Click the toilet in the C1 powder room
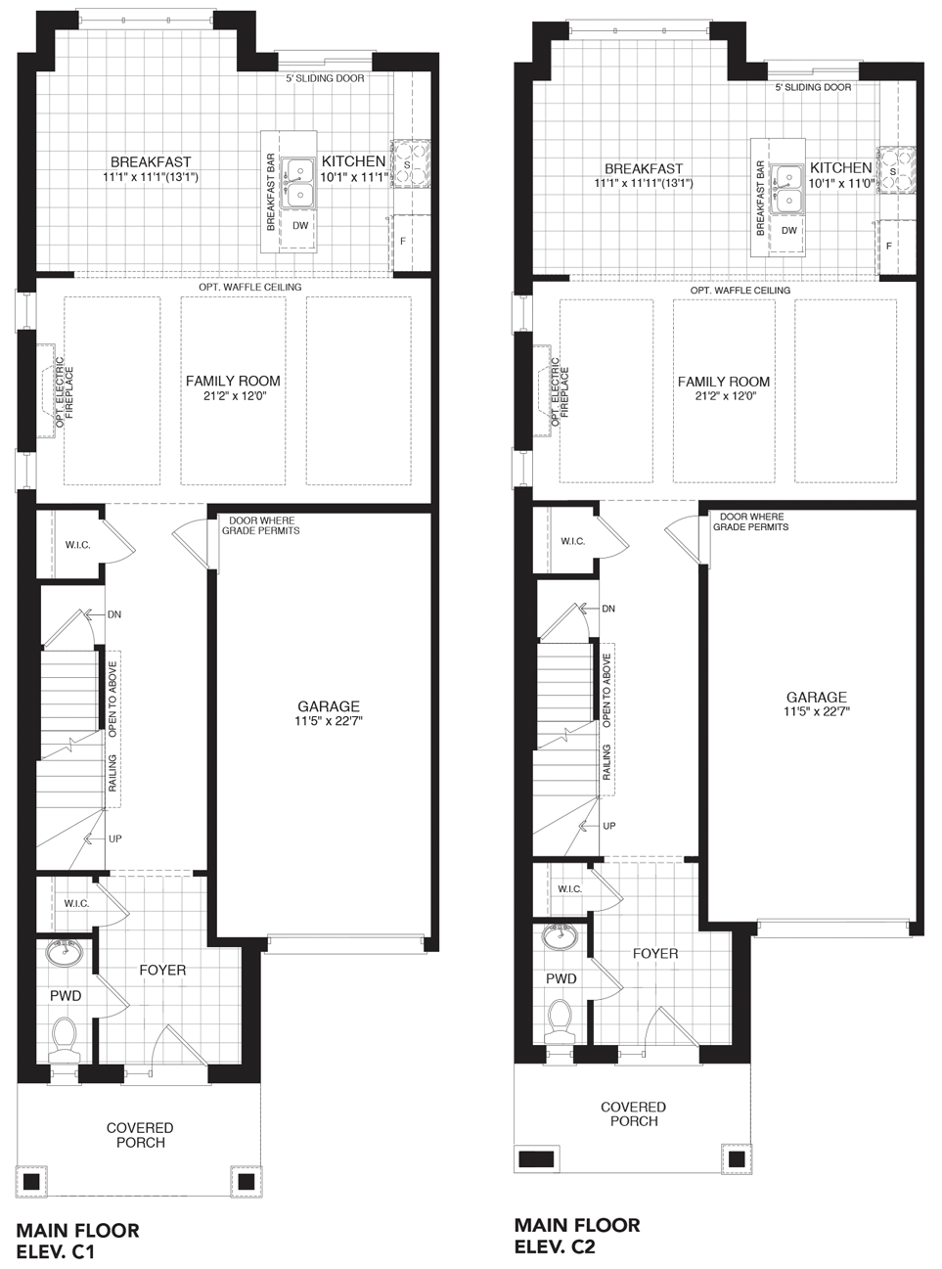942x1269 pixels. click(x=64, y=1040)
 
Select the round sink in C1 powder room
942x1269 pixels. click(x=64, y=953)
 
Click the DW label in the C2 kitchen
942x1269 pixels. click(x=789, y=231)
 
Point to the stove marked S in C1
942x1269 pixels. click(x=410, y=163)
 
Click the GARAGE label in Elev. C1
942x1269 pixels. click(x=329, y=706)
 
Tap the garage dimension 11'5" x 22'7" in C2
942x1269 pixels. click(x=817, y=711)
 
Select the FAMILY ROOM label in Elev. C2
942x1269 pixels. click(x=724, y=382)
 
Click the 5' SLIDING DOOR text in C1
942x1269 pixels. click(x=325, y=78)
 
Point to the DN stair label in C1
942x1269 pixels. click(x=114, y=614)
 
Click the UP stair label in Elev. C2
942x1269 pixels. click(x=609, y=826)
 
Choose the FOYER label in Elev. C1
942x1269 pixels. click(x=163, y=971)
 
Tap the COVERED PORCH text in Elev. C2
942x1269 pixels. click(x=634, y=1114)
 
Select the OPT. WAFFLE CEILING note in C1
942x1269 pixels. click(x=250, y=287)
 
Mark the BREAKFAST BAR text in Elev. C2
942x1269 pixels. click(x=761, y=198)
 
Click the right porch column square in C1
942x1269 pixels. click(x=246, y=1180)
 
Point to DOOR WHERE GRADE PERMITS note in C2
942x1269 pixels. click(x=751, y=521)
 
